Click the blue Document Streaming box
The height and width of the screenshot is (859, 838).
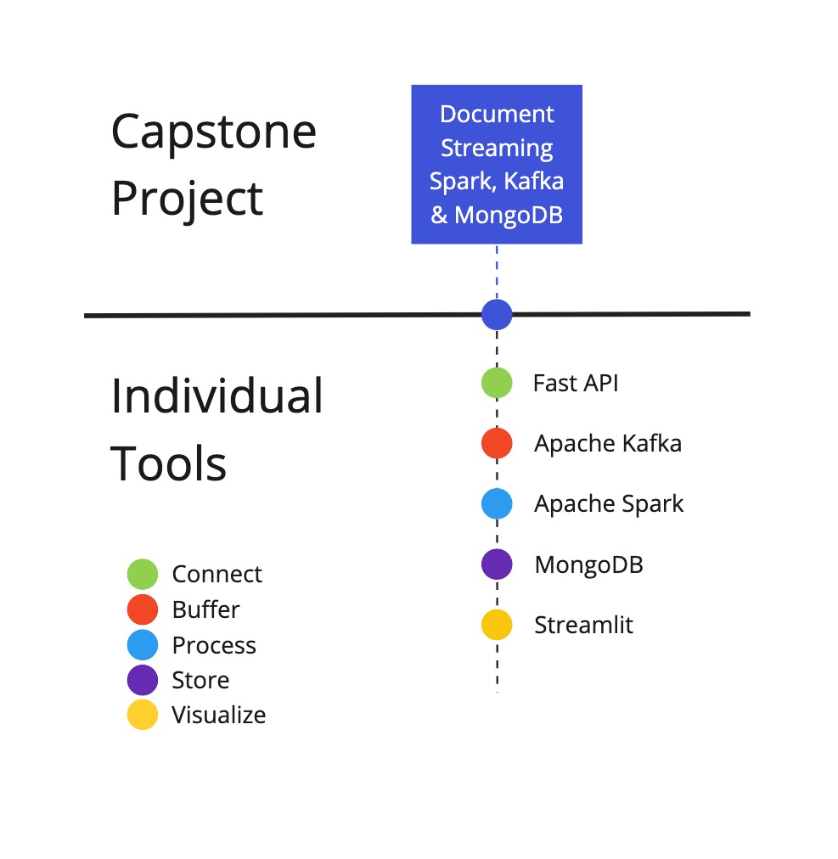497,165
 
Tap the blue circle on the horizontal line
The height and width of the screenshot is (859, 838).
497,314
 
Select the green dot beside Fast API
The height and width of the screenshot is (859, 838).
497,383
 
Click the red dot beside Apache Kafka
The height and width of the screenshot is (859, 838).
497,443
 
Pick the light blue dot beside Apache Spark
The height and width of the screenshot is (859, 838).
497,503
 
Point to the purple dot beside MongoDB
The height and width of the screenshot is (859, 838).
497,564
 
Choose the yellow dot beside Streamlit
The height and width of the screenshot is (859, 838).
497,625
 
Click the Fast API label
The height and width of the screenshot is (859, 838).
576,383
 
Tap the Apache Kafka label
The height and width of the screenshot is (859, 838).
608,443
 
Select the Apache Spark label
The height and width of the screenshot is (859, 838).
609,504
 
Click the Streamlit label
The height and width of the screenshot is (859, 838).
583,625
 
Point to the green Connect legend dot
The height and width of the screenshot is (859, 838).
143,574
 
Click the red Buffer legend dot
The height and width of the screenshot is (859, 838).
143,609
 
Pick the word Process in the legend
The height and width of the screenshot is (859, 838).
214,645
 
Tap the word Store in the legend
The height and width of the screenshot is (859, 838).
200,680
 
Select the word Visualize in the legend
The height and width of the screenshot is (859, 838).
219,715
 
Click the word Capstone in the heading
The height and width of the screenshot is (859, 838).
214,133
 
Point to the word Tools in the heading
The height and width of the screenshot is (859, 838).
168,463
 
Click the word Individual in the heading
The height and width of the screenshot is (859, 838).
217,396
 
